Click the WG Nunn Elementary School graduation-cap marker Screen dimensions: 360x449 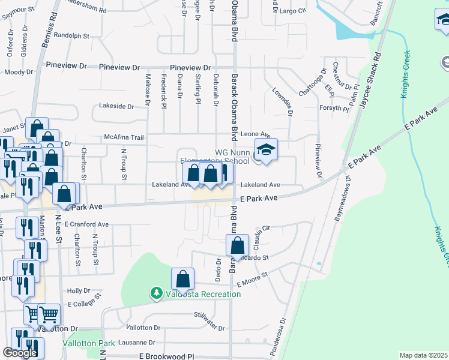(x=267, y=150)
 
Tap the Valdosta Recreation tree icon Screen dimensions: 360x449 (x=156, y=293)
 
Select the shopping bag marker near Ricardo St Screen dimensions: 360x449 (x=238, y=245)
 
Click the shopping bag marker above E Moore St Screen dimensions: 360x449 (x=182, y=279)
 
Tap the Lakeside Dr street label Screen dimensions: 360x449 (x=116, y=106)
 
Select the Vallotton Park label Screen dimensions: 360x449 (x=88, y=344)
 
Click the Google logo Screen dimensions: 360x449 (x=20, y=353)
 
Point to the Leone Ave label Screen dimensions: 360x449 (x=256, y=135)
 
